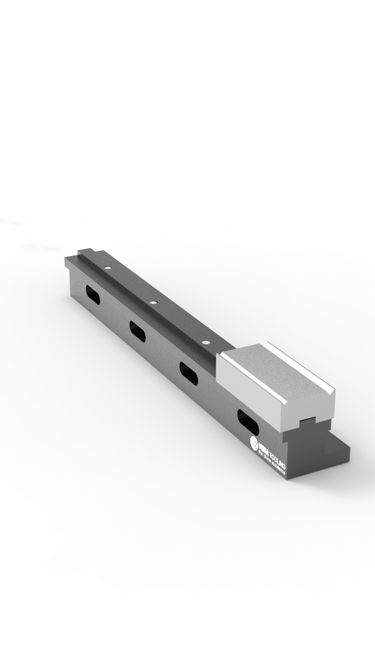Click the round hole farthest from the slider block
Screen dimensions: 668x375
pos(108,268)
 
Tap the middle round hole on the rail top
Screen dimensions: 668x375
pos(152,303)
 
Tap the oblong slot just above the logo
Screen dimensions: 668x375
pos(247,422)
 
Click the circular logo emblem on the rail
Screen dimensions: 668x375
pos(255,442)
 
